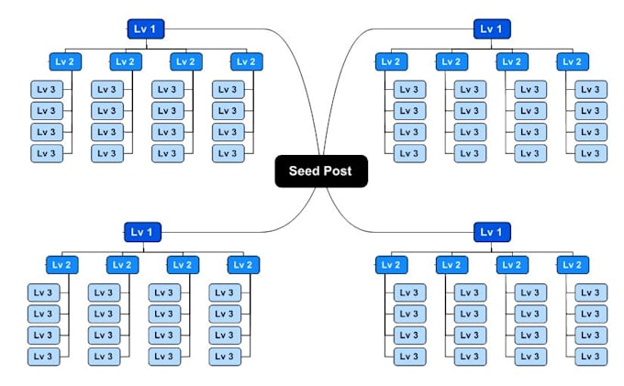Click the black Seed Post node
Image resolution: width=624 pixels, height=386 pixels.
click(x=321, y=171)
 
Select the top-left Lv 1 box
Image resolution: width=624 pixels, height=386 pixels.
click(x=145, y=29)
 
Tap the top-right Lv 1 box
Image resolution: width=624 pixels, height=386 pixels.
click(x=493, y=29)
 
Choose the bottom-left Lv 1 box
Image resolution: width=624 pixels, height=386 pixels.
click(x=142, y=232)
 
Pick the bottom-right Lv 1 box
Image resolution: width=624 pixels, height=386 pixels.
click(x=493, y=232)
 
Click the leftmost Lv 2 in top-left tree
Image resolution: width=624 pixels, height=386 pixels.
click(x=65, y=61)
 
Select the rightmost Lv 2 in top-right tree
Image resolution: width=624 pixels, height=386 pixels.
click(x=573, y=61)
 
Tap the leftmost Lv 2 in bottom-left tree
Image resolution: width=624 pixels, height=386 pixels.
click(x=61, y=265)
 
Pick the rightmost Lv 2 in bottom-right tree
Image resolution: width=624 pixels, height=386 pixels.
click(x=573, y=265)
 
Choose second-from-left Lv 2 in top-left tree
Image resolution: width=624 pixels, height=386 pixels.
click(x=126, y=61)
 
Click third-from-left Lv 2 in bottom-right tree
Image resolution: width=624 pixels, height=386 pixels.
click(x=512, y=265)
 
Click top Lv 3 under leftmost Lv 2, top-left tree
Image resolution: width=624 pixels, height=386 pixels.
click(x=46, y=90)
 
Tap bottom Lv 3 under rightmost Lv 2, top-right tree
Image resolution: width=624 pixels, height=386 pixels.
click(x=591, y=153)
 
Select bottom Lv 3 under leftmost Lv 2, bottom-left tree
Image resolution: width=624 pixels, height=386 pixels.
click(x=42, y=356)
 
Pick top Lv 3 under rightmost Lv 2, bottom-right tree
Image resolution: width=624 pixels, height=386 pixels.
click(x=591, y=293)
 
